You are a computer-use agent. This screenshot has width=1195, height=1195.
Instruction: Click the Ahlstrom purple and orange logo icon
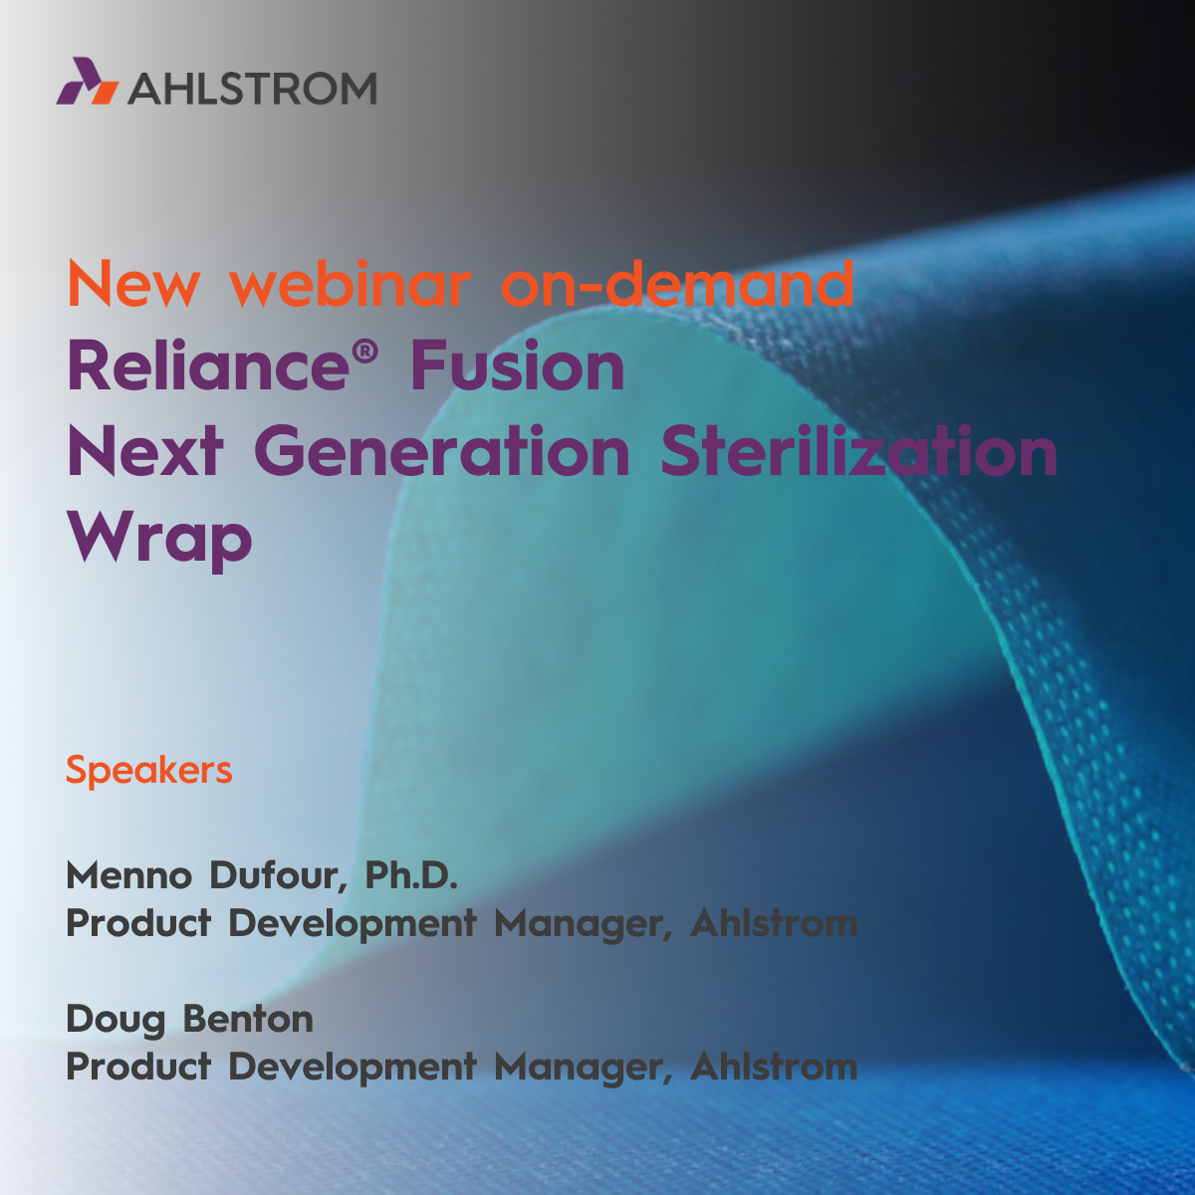click(88, 81)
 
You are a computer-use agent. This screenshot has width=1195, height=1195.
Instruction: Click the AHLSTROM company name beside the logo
click(252, 88)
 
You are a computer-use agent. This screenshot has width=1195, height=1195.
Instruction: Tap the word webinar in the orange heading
click(351, 283)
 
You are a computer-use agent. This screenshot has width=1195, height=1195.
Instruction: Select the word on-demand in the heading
click(677, 283)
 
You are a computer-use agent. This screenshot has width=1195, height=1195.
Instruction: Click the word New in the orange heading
click(133, 284)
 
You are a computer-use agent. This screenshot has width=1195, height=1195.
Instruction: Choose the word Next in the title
click(144, 451)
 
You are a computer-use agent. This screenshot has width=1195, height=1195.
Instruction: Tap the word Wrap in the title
click(159, 540)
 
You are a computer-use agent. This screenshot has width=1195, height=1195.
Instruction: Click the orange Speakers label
click(148, 770)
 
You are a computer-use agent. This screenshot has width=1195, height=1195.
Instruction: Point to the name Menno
click(129, 875)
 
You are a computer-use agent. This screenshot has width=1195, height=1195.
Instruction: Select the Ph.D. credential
click(411, 874)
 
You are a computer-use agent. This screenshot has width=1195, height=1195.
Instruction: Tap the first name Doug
click(116, 1021)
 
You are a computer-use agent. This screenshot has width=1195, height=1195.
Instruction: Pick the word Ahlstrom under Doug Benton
click(774, 1067)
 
